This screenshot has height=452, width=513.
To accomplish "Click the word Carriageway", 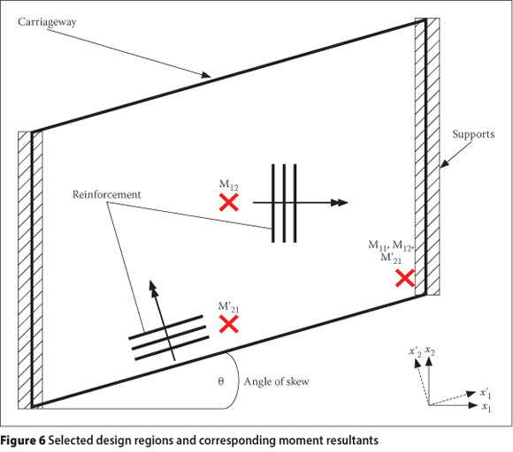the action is pyautogui.click(x=47, y=22).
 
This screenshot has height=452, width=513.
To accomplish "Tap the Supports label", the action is pyautogui.click(x=473, y=134).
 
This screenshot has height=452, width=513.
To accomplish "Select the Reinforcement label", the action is pyautogui.click(x=107, y=194).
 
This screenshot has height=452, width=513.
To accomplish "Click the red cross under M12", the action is pyautogui.click(x=229, y=202).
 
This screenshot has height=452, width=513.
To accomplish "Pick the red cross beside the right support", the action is pyautogui.click(x=405, y=278).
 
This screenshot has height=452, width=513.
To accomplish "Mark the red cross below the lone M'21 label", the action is pyautogui.click(x=229, y=324).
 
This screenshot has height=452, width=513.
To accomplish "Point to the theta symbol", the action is pyautogui.click(x=221, y=381).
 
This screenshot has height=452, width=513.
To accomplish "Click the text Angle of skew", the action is pyautogui.click(x=276, y=381).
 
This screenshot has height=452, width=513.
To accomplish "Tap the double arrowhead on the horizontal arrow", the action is pyautogui.click(x=340, y=202).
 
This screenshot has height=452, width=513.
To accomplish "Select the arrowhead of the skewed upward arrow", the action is pyautogui.click(x=153, y=286).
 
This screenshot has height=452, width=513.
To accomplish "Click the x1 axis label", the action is pyautogui.click(x=486, y=407).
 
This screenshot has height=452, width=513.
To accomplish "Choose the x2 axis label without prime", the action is pyautogui.click(x=430, y=350).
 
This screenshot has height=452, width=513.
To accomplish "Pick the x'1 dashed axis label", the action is pyautogui.click(x=486, y=393).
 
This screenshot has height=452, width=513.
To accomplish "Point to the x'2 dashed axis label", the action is pyautogui.click(x=415, y=352).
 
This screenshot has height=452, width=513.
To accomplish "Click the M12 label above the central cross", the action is pyautogui.click(x=229, y=185).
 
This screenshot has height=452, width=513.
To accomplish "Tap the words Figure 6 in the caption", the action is pyautogui.click(x=23, y=441).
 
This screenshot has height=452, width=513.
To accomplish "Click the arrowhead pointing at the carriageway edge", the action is pyautogui.click(x=206, y=75).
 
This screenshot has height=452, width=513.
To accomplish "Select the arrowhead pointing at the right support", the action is pyautogui.click(x=444, y=163).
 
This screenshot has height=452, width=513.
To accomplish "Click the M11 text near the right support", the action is pyautogui.click(x=378, y=245).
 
